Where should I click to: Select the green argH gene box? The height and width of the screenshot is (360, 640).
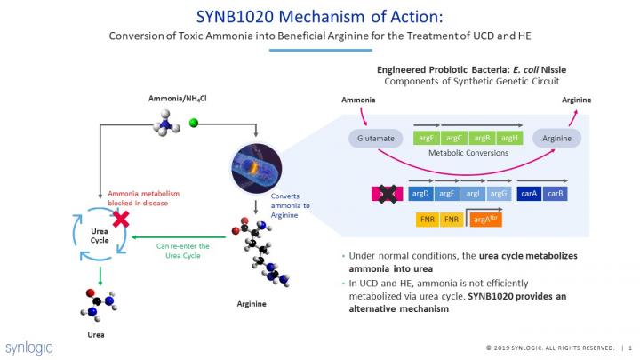(x=509, y=138)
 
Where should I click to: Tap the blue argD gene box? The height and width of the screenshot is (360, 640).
(x=420, y=193)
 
